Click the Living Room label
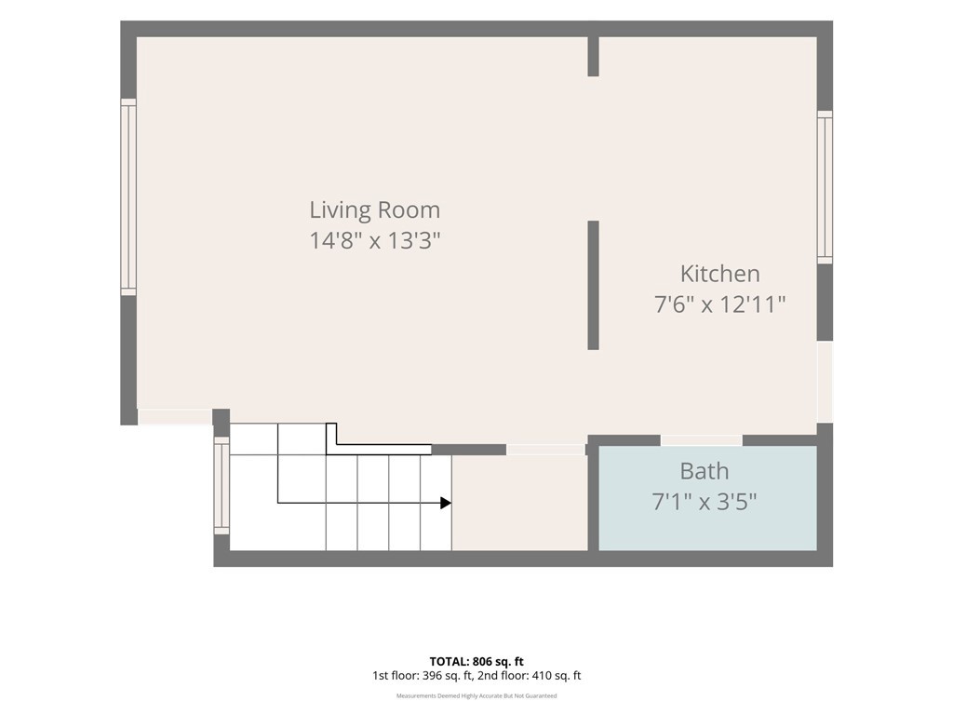click(374, 209)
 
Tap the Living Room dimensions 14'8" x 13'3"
click(374, 240)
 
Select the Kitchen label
click(719, 274)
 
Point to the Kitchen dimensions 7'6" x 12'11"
click(719, 304)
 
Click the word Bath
click(704, 471)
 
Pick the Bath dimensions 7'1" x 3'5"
click(704, 502)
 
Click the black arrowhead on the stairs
click(446, 503)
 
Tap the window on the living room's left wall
click(128, 197)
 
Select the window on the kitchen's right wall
click(825, 187)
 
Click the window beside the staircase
click(221, 486)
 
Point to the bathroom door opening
click(702, 440)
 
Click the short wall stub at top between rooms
click(593, 57)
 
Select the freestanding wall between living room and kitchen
click(593, 285)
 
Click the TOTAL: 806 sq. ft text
click(476, 662)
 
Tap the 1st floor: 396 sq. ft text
click(423, 676)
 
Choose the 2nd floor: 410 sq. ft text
click(530, 676)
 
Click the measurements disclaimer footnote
click(476, 696)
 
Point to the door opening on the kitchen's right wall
click(825, 382)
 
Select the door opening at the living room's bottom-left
click(175, 417)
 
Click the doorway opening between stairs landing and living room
click(545, 450)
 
